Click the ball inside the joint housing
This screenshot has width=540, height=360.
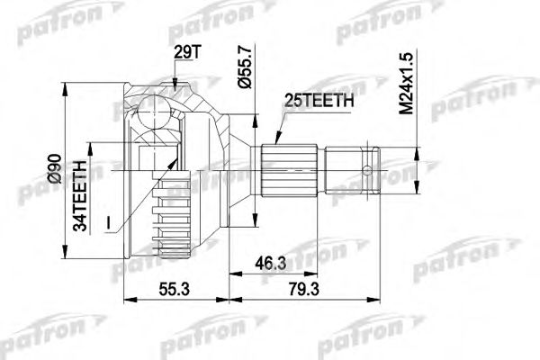coord(152,117)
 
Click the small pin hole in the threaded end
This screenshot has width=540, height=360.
coord(368,169)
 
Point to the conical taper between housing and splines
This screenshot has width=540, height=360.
coord(241,170)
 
